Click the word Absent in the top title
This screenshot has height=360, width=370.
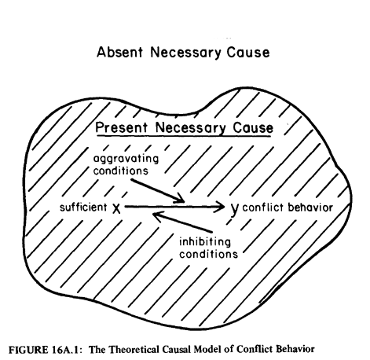(x=120, y=52)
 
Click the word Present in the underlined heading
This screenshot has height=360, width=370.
(x=121, y=127)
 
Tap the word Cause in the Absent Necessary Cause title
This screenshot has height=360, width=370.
(x=248, y=52)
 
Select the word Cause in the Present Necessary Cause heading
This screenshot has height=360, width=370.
(x=253, y=127)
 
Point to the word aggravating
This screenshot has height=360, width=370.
(x=126, y=160)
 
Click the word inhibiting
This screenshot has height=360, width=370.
(x=205, y=241)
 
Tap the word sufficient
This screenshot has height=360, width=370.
(x=83, y=208)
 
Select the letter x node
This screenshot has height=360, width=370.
(x=116, y=208)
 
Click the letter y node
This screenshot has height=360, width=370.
(x=235, y=209)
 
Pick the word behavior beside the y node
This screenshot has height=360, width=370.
(x=310, y=208)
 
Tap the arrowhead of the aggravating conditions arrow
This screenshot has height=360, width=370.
(x=179, y=199)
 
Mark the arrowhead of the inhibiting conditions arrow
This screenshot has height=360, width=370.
(x=158, y=216)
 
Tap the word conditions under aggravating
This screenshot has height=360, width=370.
(x=121, y=171)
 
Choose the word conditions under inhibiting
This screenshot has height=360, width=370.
(x=208, y=254)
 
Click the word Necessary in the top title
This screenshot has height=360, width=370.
(x=185, y=52)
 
